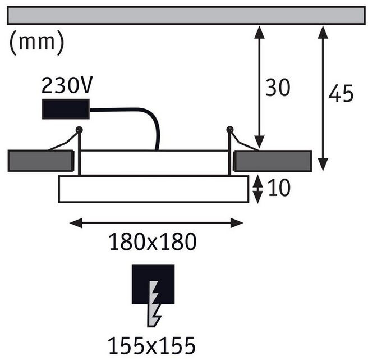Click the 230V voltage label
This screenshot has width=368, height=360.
67,85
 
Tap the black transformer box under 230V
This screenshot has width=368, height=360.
66,108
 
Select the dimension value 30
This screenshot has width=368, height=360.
278,88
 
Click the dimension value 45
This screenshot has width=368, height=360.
341,94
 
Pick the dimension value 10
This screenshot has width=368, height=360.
278,189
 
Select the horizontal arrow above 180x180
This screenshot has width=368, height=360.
156,223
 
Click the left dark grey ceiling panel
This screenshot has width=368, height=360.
40,161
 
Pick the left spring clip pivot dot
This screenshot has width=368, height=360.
79,130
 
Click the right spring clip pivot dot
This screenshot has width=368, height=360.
229,130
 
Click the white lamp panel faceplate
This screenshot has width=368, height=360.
153,189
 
